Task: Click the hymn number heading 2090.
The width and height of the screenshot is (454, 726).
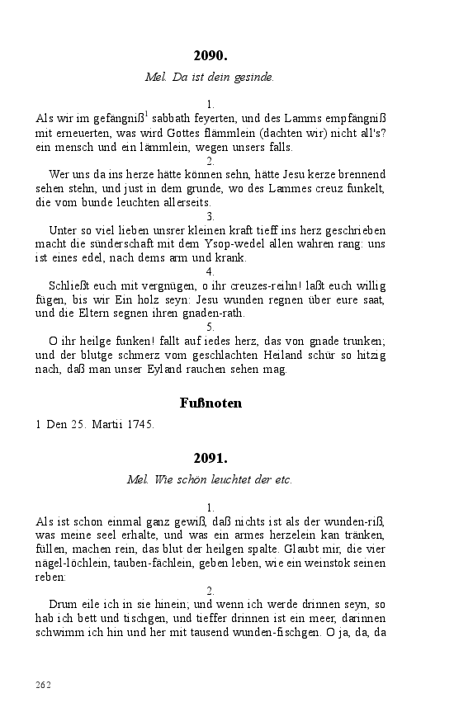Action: (x=210, y=57)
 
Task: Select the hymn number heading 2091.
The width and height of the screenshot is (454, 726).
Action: (x=210, y=459)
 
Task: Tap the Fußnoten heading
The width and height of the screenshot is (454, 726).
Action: (x=210, y=403)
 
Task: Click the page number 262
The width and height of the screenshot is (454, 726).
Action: (x=44, y=685)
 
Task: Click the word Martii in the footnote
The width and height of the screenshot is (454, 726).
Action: (x=100, y=426)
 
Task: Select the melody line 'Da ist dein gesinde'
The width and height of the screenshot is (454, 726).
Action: (x=210, y=78)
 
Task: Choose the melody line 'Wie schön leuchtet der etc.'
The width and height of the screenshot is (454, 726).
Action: (x=210, y=479)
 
